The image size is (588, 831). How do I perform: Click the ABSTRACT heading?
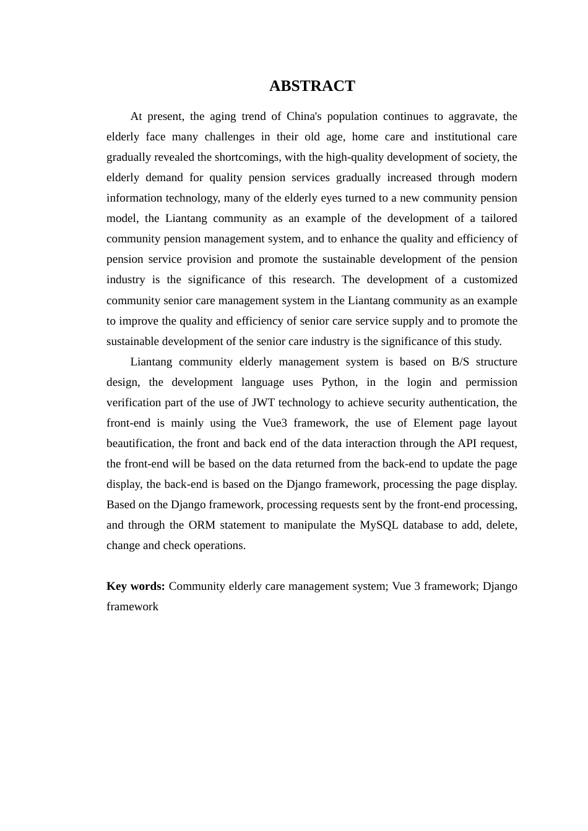tap(312, 86)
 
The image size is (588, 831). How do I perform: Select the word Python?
tap(339, 382)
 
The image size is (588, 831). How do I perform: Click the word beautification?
tap(141, 443)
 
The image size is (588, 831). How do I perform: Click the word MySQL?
tap(379, 525)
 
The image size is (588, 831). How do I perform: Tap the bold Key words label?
tap(136, 586)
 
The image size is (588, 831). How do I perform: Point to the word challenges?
tap(229, 137)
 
